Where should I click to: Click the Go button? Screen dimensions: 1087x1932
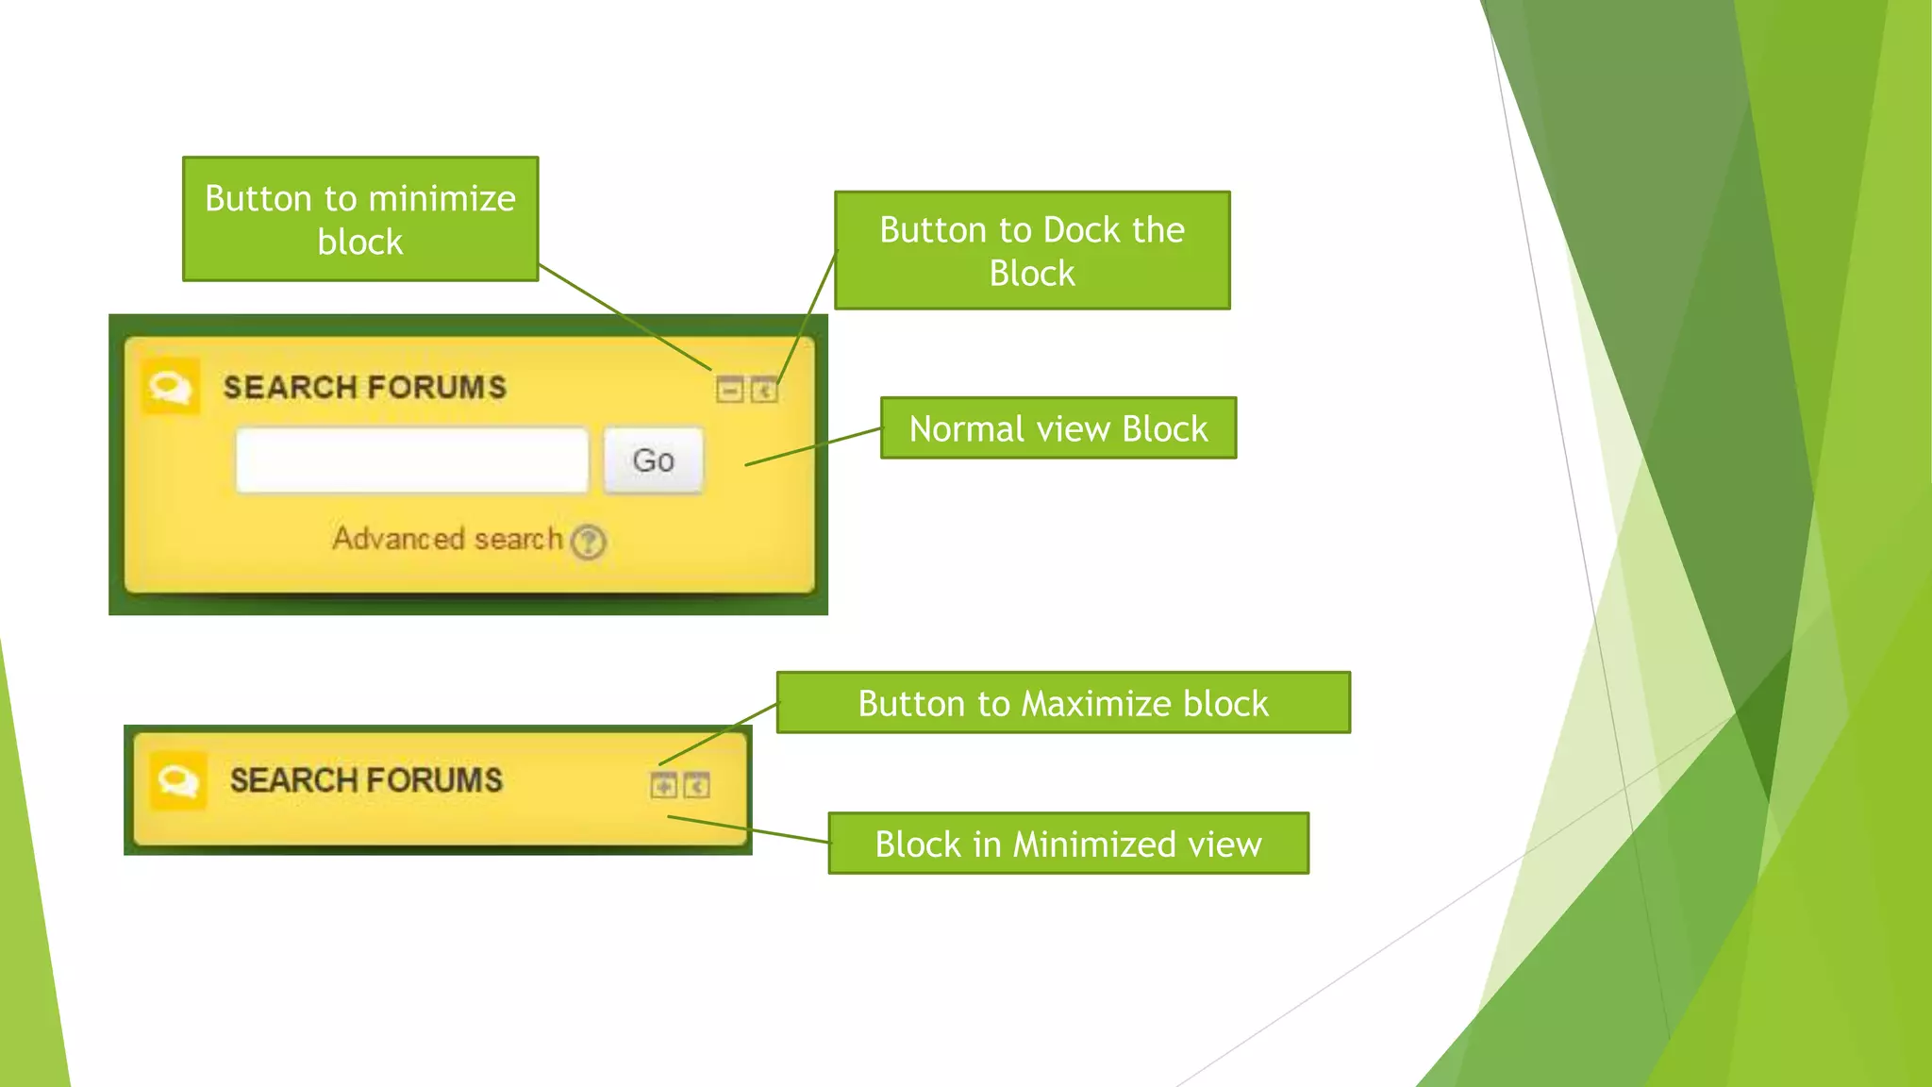[653, 460]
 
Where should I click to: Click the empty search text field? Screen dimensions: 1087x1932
[411, 460]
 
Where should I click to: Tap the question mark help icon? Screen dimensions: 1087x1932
[589, 542]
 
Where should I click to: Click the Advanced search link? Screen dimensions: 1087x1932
[447, 539]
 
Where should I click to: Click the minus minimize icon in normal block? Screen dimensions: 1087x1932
[729, 390]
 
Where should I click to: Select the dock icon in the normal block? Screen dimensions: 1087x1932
[764, 390]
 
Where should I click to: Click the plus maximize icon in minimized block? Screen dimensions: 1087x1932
[663, 785]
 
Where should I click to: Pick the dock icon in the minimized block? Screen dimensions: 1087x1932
[697, 785]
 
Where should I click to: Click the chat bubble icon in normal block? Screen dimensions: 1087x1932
[171, 387]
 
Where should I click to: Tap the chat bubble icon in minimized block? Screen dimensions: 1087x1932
[177, 780]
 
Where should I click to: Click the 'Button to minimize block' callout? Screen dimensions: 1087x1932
[360, 219]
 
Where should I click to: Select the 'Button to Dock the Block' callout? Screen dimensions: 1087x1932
[1032, 251]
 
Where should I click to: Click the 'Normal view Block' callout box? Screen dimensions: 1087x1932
[1058, 428]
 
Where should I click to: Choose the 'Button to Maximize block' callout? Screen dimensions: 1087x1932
[1063, 703]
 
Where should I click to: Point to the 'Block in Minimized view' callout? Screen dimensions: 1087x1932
[1068, 844]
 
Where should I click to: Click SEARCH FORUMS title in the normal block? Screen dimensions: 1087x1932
[364, 388]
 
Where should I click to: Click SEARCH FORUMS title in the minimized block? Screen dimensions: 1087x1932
[366, 780]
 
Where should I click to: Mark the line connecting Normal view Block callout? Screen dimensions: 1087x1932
[813, 446]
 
